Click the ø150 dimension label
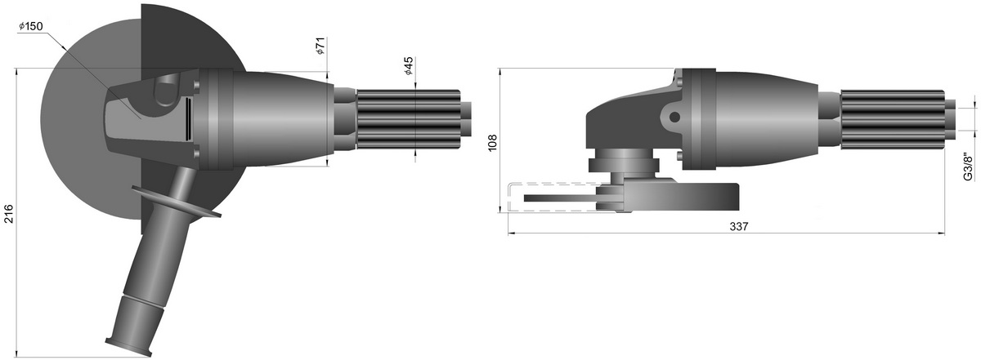coord(31,27)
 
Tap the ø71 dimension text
coord(320,46)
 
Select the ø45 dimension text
coord(408,65)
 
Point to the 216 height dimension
coord(9,213)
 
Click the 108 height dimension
coord(493,143)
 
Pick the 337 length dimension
coord(739,226)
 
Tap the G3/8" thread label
coord(968,167)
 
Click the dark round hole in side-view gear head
coord(675,118)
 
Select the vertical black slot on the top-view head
coord(187,119)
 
